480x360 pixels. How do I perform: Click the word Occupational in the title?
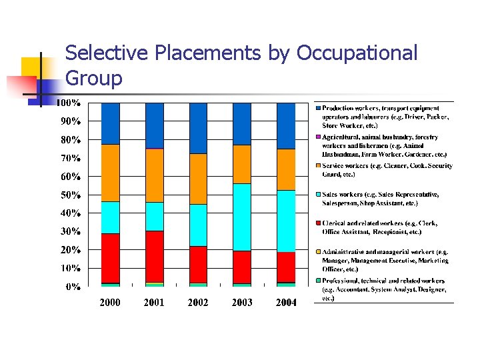358,53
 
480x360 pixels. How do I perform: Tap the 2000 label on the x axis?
110,303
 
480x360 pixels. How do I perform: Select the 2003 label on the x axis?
242,303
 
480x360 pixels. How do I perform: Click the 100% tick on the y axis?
69,103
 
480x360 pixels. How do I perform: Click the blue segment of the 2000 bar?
110,123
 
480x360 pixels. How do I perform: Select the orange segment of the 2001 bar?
154,175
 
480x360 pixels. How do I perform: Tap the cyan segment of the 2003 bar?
242,217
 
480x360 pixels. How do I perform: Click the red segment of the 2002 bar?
198,265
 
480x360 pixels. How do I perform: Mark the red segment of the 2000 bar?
110,258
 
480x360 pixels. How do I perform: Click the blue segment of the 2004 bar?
286,125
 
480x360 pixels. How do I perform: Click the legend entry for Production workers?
385,116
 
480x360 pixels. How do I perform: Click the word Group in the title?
94,79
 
